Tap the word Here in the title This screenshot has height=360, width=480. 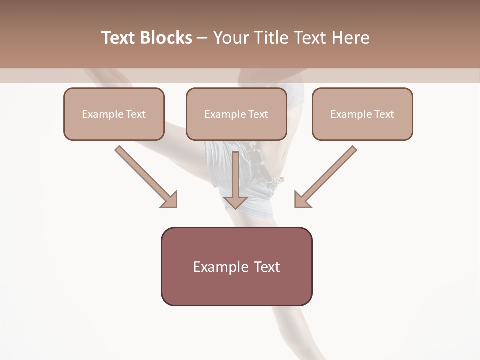click(x=350, y=38)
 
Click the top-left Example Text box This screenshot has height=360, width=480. click(x=114, y=114)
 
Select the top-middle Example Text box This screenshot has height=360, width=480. click(x=236, y=114)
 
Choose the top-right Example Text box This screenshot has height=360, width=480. click(x=362, y=114)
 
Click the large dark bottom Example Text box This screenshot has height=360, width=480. click(x=236, y=267)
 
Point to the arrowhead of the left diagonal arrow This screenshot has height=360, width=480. click(x=170, y=200)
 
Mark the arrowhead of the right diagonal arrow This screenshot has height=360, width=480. click(x=302, y=200)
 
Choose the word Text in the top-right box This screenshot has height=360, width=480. click(x=384, y=114)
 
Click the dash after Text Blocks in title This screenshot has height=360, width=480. click(x=202, y=38)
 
